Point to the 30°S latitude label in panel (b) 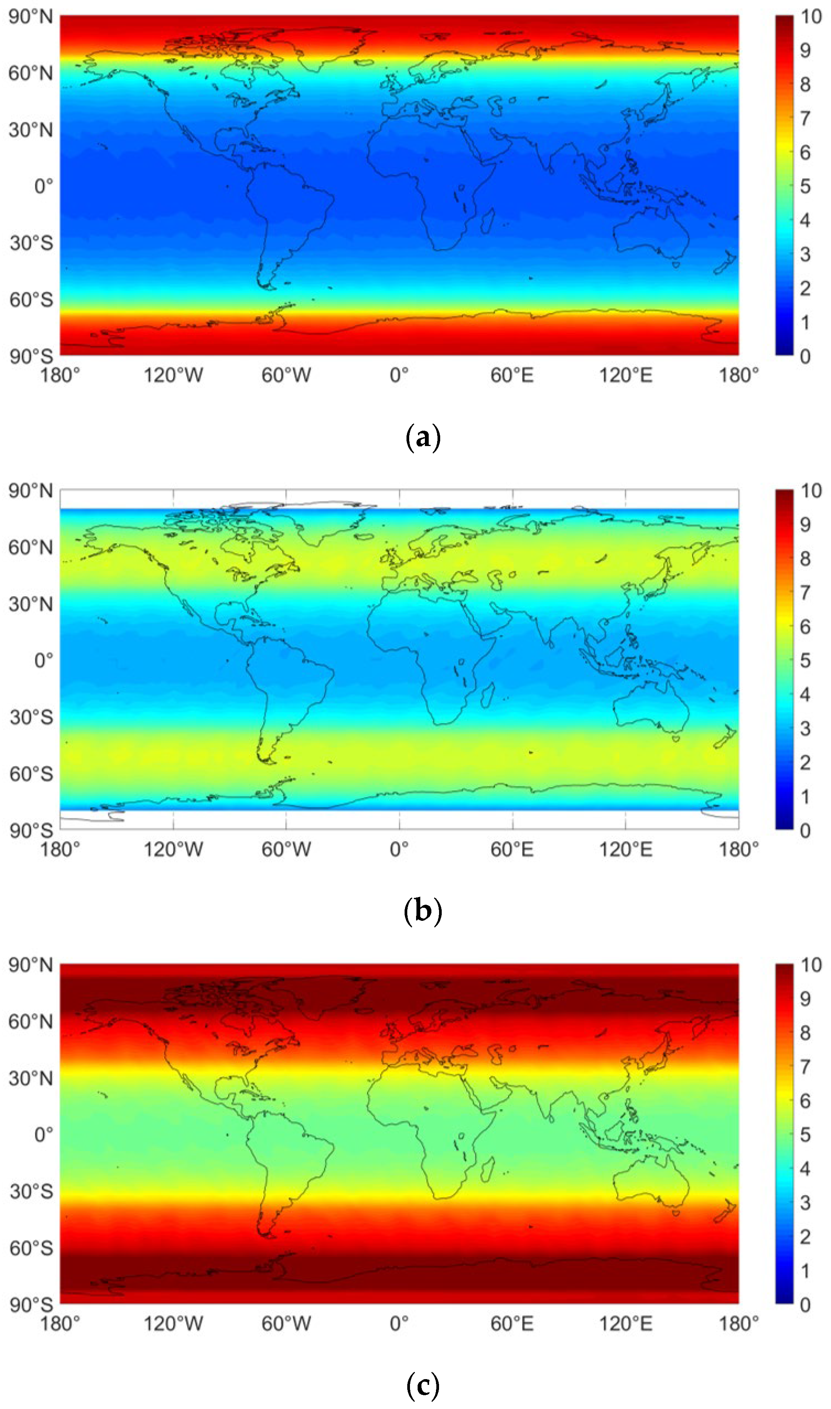pos(31,717)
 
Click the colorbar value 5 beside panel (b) pos(805,661)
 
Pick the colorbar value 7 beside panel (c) pos(805,1066)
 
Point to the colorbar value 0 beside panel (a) pos(805,356)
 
